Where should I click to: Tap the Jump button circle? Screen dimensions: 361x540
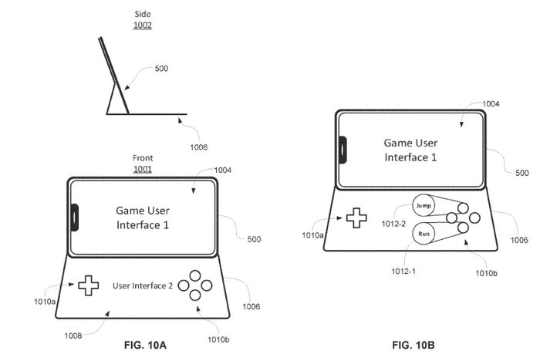tap(423, 207)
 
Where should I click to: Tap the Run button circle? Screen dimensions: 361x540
tap(423, 234)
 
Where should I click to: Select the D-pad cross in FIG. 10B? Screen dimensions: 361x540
tap(356, 218)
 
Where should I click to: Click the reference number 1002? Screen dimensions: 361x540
tap(142, 25)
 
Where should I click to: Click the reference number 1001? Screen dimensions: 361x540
tap(143, 169)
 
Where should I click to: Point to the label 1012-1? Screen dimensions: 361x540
tap(403, 272)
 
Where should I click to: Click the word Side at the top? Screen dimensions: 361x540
tap(142, 14)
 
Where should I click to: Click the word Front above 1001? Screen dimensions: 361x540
tap(143, 158)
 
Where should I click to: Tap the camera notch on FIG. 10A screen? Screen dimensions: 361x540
tap(75, 217)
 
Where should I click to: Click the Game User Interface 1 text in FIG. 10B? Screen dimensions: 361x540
tap(412, 150)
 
